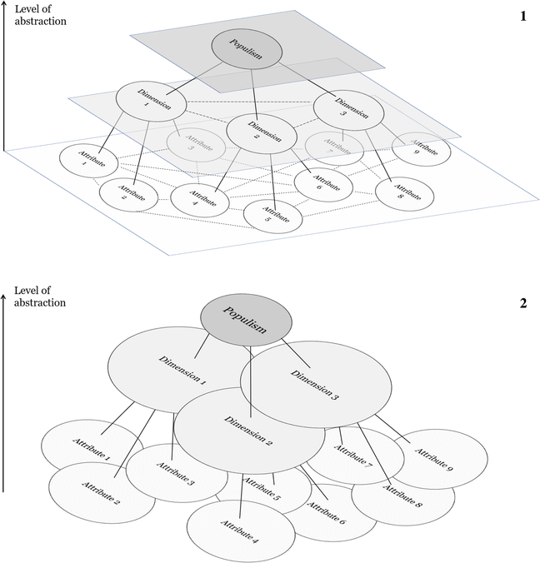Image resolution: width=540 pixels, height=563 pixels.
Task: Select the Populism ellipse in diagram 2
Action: [247, 321]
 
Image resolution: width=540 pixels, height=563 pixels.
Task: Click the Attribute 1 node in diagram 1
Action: [82, 161]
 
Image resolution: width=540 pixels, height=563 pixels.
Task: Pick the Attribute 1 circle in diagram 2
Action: [79, 447]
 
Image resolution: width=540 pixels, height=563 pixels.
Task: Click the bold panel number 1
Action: [522, 16]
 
